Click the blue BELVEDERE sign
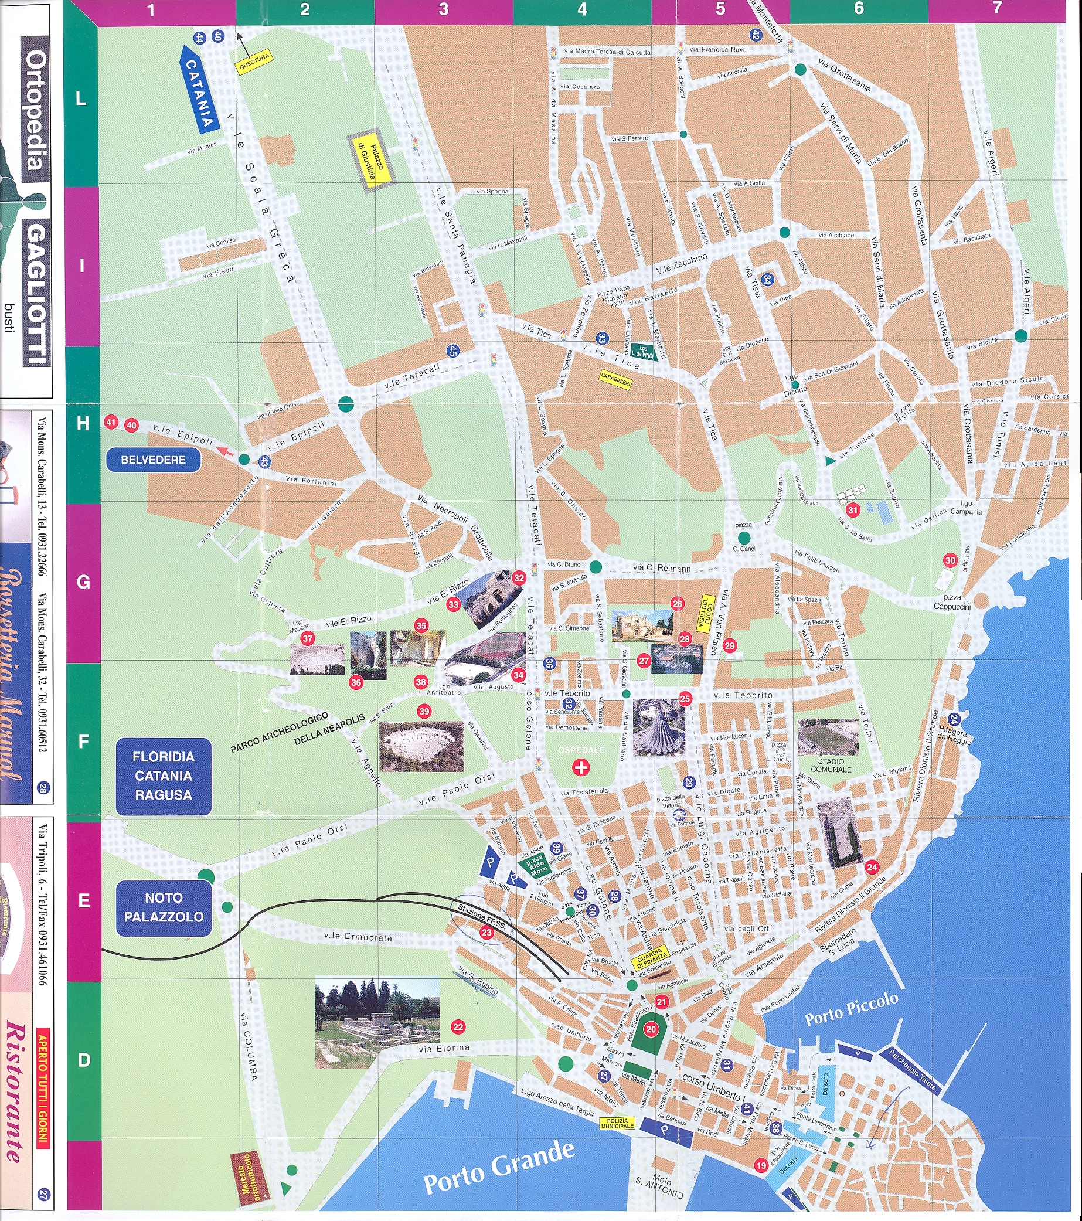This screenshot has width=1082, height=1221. [x=154, y=460]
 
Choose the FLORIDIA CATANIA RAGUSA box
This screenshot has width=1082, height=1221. [x=164, y=776]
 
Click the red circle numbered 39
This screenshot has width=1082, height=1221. [x=424, y=712]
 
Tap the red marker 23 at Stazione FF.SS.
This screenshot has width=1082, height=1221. [x=486, y=933]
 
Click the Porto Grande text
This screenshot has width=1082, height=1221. [x=499, y=1167]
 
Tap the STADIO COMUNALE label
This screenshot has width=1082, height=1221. [x=831, y=765]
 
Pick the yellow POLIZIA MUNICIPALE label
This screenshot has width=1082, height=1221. [x=617, y=1124]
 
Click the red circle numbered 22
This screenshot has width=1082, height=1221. [x=458, y=1028]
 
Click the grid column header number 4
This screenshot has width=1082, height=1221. [x=582, y=9]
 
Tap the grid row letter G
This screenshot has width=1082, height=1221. [x=83, y=583]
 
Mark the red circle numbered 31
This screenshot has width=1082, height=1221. [x=853, y=509]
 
